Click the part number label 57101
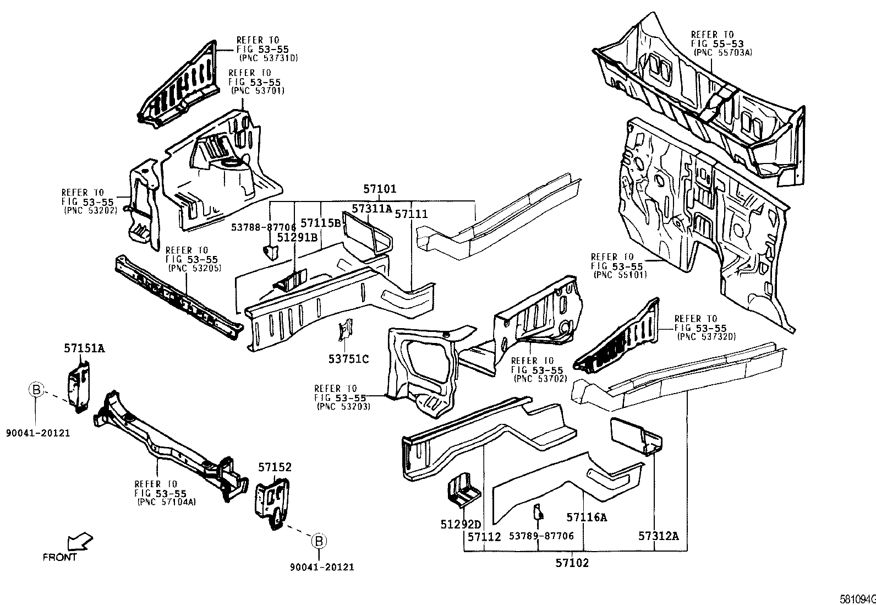tap(380, 189)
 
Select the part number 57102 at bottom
tap(572, 563)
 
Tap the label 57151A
tap(84, 348)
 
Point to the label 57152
tap(275, 467)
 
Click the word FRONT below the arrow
tap(59, 558)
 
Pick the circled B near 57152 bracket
tap(319, 541)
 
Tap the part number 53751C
tap(348, 359)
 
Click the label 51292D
tap(461, 525)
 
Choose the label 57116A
tap(587, 517)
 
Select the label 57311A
tap(372, 209)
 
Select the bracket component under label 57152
tap(272, 502)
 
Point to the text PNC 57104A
tap(166, 502)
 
